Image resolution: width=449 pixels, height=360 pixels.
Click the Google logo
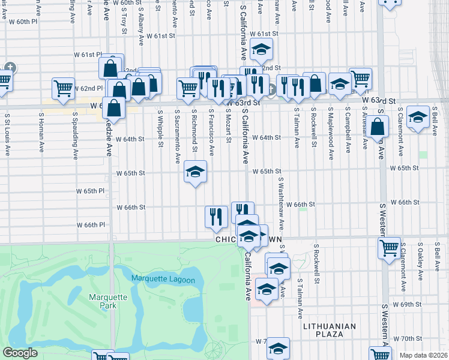click(20, 353)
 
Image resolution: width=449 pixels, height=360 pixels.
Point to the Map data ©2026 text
click(423, 355)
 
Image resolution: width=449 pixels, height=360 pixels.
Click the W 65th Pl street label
click(90, 191)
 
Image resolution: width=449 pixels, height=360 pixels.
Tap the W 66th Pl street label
click(91, 225)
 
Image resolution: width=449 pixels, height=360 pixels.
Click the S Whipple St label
click(160, 127)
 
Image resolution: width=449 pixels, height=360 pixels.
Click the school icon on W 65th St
click(195, 172)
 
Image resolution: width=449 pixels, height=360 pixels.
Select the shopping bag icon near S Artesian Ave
click(379, 127)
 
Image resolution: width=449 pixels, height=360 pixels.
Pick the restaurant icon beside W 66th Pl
click(217, 217)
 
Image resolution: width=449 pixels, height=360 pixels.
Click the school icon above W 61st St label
click(262, 50)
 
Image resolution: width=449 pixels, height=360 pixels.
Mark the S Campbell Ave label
click(348, 130)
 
